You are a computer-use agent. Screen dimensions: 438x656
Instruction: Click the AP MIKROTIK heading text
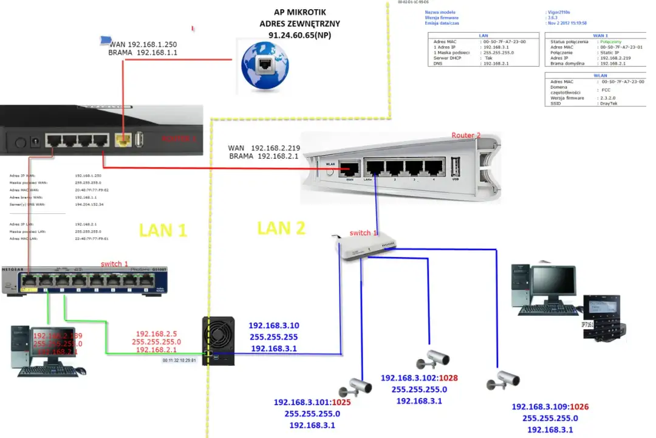(x=299, y=12)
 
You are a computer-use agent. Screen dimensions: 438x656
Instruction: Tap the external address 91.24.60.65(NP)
(x=299, y=36)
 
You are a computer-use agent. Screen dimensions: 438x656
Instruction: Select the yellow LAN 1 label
(x=163, y=230)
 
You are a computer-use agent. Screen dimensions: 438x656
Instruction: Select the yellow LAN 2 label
(x=281, y=228)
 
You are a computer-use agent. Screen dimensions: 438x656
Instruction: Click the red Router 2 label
(x=466, y=135)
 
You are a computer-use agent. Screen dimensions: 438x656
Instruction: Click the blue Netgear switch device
(x=84, y=280)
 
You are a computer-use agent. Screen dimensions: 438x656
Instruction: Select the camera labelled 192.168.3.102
(x=433, y=360)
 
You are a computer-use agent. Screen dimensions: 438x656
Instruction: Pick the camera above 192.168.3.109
(x=504, y=380)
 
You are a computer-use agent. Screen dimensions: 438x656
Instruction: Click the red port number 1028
(x=446, y=378)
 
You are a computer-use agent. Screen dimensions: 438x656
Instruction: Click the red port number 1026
(x=579, y=407)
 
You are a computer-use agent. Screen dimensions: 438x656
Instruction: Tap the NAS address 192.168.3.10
(x=273, y=326)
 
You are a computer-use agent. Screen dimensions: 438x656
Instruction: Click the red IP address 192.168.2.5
(x=156, y=334)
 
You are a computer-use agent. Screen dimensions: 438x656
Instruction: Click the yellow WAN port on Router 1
(x=123, y=141)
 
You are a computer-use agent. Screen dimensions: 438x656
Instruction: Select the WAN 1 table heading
(x=600, y=36)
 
